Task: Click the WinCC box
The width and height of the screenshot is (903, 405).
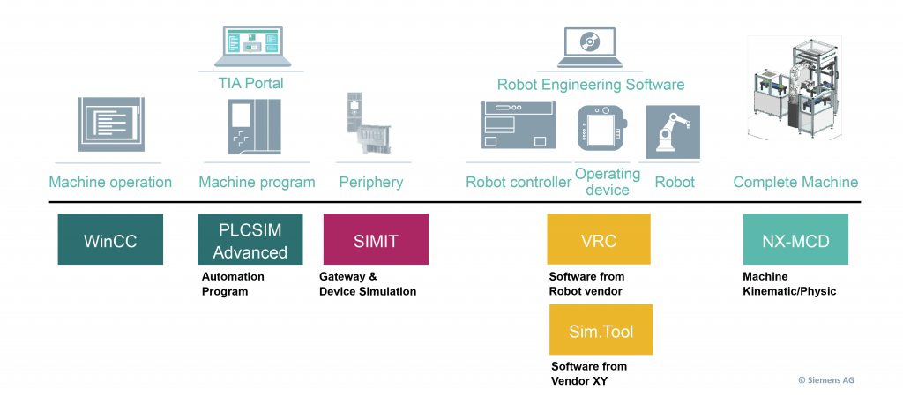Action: coord(110,239)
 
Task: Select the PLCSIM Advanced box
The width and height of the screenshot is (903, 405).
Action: coord(250,239)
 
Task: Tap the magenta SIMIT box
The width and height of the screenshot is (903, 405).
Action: coord(376,239)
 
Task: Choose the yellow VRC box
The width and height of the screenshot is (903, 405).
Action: coord(599,239)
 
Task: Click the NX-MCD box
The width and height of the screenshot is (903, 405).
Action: coord(795,239)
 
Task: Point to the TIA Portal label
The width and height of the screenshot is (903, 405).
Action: coord(250,83)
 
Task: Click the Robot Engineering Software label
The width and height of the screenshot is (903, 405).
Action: coord(591,85)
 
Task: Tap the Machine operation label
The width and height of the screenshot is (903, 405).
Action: coord(110,183)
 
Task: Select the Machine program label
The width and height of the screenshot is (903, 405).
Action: coord(257,183)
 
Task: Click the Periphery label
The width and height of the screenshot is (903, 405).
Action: coord(370,183)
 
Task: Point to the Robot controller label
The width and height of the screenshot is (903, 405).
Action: coord(519,183)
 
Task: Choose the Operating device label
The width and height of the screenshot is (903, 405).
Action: coord(608,182)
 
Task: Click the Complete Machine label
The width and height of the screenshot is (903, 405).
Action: coord(795,183)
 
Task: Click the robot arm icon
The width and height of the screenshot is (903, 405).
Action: coord(673,131)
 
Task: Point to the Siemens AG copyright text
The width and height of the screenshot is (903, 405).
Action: coord(826,380)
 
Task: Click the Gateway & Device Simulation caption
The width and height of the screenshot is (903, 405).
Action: coord(367,283)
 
